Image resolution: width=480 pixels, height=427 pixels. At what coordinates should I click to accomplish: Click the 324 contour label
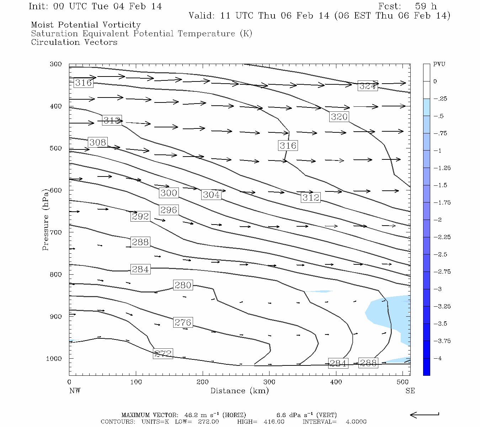point(368,86)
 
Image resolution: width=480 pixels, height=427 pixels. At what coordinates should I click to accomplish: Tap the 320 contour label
point(339,117)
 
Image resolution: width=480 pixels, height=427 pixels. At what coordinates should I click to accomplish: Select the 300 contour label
point(169,193)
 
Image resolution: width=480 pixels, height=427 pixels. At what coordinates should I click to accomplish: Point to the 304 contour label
point(211,195)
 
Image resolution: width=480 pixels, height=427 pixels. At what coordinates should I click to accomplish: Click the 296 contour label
point(169,210)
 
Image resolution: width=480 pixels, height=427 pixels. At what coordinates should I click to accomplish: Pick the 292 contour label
point(140,216)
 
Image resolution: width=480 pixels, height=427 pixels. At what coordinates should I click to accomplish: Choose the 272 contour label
point(163,354)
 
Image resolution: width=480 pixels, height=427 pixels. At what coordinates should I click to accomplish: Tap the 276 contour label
point(183,322)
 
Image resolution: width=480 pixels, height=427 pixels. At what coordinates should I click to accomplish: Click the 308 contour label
point(98,142)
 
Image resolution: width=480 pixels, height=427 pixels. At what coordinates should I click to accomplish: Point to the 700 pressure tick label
point(55,232)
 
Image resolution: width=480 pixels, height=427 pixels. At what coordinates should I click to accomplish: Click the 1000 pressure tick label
point(54,359)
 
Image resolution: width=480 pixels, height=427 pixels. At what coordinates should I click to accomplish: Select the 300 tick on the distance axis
point(269,382)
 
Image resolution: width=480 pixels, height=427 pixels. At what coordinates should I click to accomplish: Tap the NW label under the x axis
point(75,391)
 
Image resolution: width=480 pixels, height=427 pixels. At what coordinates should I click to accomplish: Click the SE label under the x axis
point(410,391)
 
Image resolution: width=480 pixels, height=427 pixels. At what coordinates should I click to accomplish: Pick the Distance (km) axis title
point(239,391)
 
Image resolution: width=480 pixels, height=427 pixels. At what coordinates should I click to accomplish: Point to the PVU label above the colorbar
point(439,64)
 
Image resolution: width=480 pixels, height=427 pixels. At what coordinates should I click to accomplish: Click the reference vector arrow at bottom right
point(425,415)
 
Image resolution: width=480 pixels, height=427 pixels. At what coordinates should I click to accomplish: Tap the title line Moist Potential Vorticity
point(86,25)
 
